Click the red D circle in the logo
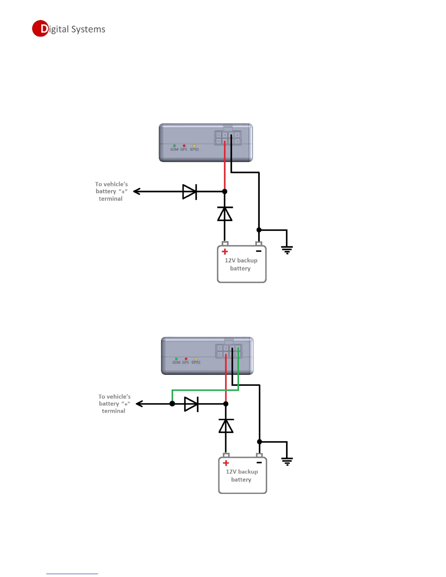40,28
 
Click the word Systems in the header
88,29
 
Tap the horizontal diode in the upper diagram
189,192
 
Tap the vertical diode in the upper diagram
225,214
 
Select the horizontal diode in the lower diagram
191,404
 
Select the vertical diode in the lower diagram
226,426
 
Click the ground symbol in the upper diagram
287,250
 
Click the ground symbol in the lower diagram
287,462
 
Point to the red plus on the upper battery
225,251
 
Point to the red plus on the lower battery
226,463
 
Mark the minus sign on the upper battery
259,251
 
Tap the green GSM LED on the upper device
174,146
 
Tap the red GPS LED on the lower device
186,359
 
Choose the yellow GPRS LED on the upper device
194,146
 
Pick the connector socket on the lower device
228,351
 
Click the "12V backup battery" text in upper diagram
241,264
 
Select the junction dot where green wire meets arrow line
172,404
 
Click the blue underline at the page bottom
72,574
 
